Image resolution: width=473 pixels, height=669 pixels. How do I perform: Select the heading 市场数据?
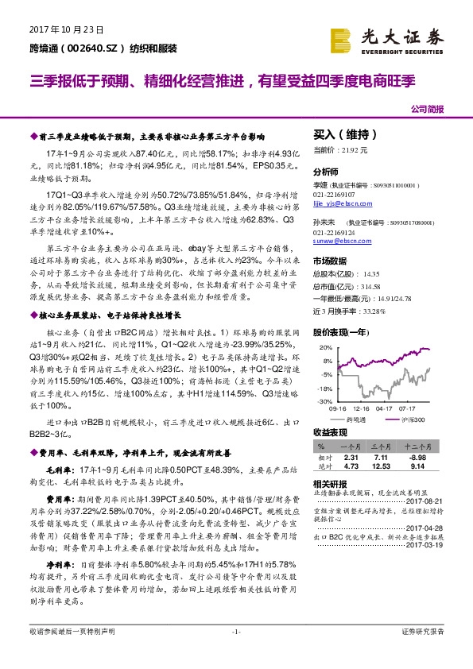(x=330, y=261)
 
